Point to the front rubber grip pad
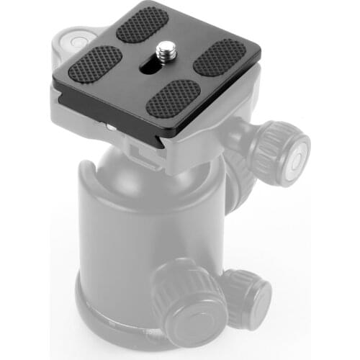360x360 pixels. [173, 99]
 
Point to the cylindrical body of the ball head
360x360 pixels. [130, 238]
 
